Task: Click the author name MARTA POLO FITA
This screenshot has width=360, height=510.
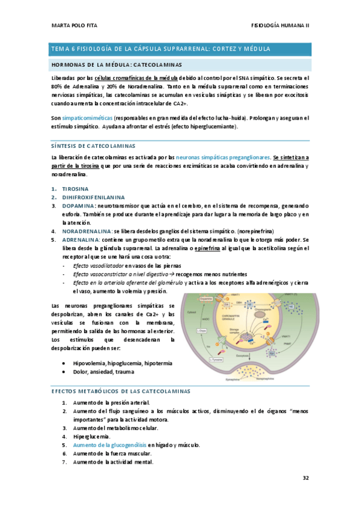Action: coord(72,25)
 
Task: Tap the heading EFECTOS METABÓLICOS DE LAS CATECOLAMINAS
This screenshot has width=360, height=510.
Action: coord(120,392)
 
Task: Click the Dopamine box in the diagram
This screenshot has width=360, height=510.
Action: coord(206,298)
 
